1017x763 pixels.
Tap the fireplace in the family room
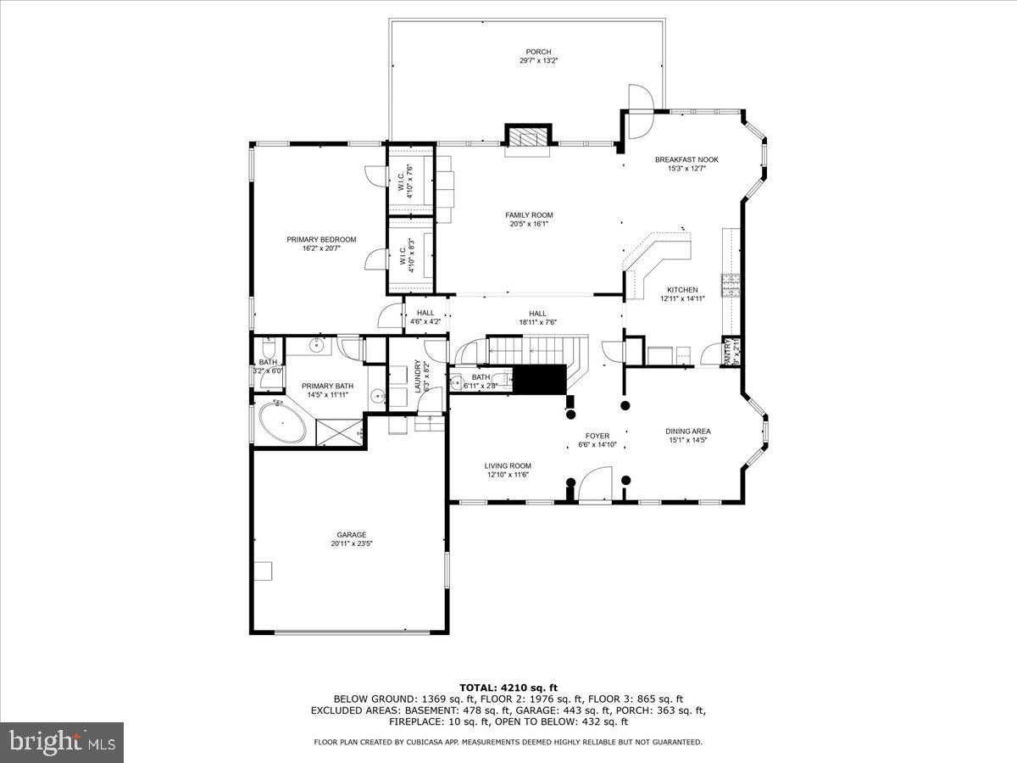tap(528, 137)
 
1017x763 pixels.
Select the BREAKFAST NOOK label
tap(686, 159)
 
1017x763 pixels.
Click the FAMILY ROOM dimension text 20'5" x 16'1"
tap(529, 224)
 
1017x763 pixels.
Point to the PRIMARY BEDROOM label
tap(321, 239)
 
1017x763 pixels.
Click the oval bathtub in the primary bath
tap(282, 423)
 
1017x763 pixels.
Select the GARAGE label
tap(351, 534)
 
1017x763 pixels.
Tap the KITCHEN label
tap(682, 290)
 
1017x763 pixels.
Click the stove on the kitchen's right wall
tap(729, 286)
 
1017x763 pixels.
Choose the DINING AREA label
tap(687, 431)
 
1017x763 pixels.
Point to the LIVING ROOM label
tap(508, 465)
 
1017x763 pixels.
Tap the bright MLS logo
tap(62, 743)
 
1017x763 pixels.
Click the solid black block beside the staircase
tap(540, 379)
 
